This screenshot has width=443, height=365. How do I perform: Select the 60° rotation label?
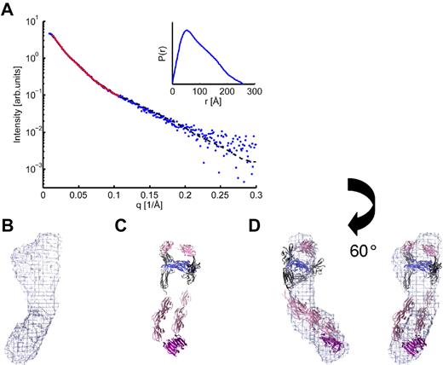(369, 253)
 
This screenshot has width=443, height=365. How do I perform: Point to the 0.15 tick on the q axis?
(149, 194)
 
